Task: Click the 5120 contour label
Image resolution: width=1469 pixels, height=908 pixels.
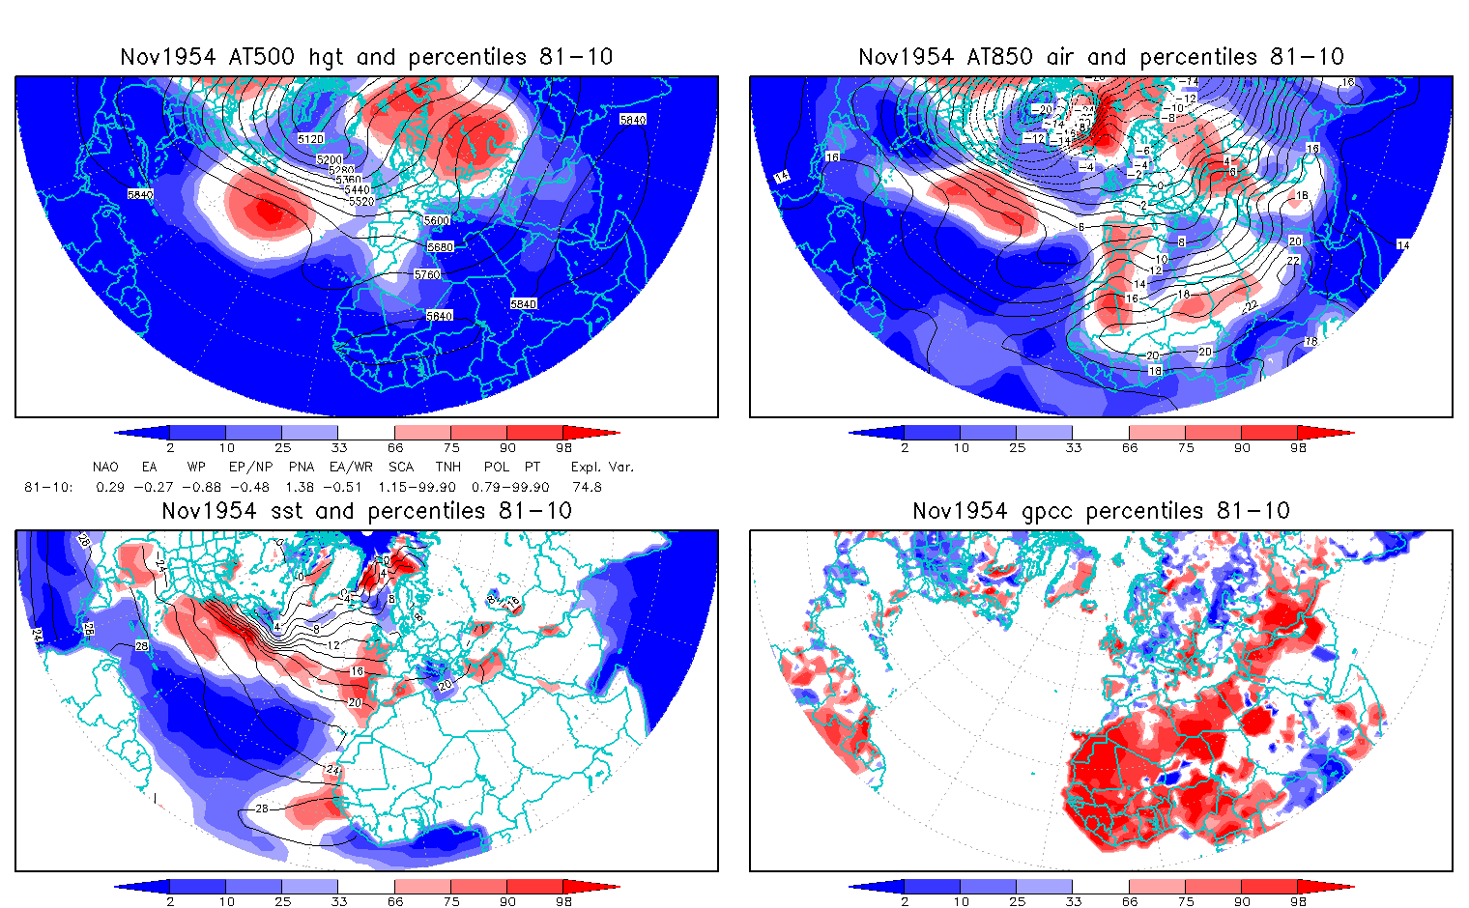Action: pyautogui.click(x=310, y=139)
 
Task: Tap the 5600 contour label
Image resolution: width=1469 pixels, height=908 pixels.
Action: pyautogui.click(x=437, y=221)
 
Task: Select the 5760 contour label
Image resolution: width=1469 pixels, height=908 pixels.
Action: pyautogui.click(x=427, y=275)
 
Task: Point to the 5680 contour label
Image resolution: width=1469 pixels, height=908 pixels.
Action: pyautogui.click(x=440, y=247)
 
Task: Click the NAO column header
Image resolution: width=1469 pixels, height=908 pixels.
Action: pyautogui.click(x=105, y=467)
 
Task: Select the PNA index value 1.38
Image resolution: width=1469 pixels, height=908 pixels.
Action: pyautogui.click(x=300, y=487)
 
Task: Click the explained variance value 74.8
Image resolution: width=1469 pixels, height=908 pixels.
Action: pyautogui.click(x=587, y=487)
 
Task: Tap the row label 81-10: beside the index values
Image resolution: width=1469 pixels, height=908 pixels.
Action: pyautogui.click(x=48, y=487)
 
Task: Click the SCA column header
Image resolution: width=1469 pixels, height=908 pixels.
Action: pyautogui.click(x=400, y=467)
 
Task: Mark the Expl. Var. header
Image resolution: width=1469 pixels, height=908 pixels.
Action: pyautogui.click(x=602, y=467)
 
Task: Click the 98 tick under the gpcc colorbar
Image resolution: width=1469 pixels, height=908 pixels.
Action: pyautogui.click(x=1298, y=901)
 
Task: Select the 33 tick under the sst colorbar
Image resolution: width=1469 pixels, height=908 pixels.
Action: pyautogui.click(x=338, y=901)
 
